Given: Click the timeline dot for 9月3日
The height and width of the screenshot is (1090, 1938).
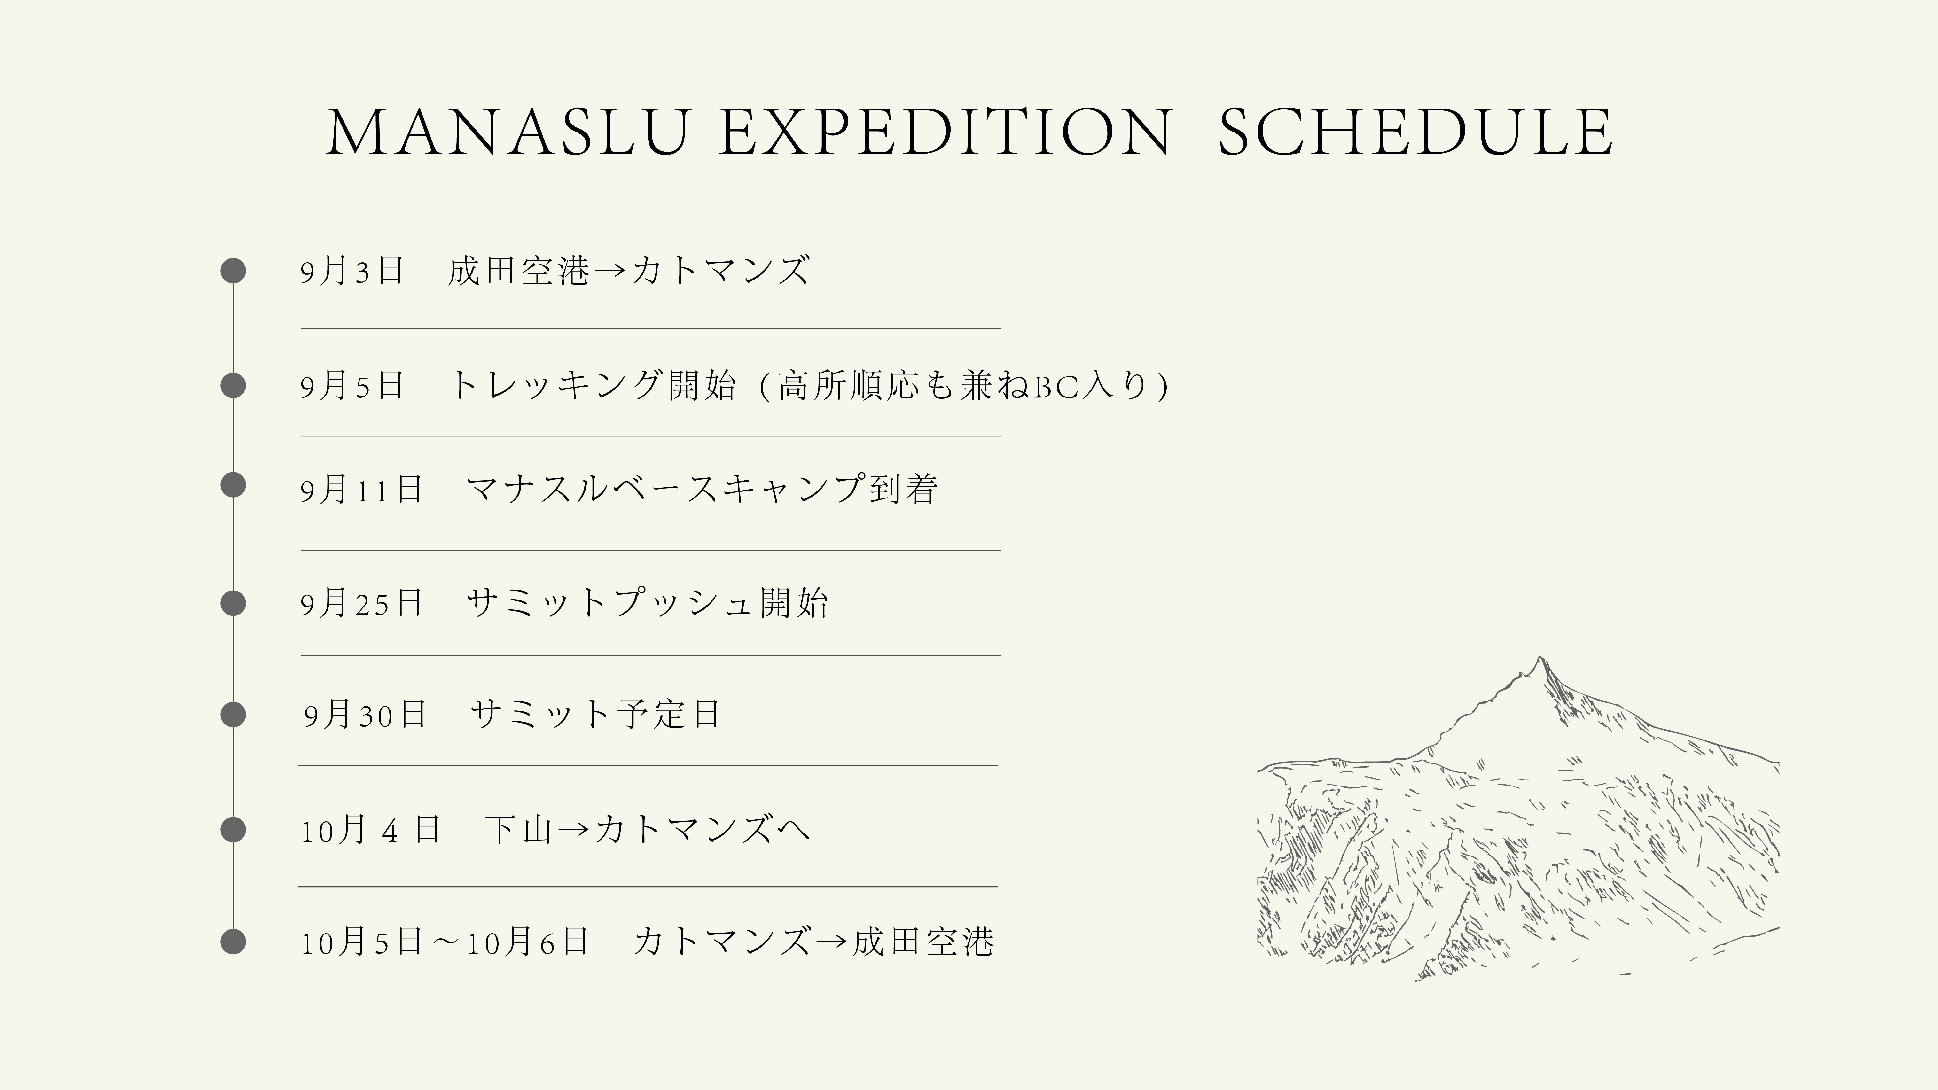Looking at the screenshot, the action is tap(233, 271).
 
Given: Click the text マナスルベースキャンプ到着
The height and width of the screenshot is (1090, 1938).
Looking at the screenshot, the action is tap(702, 489).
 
